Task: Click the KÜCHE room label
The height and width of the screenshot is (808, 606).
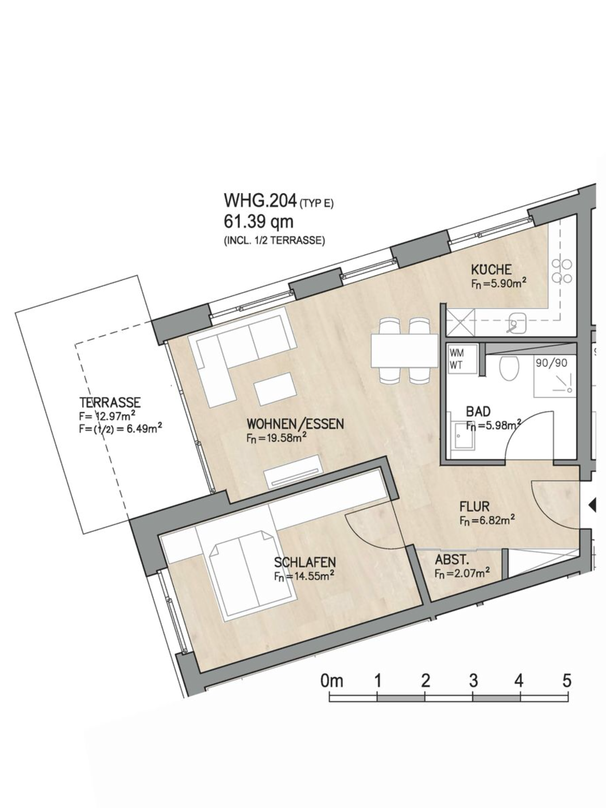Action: (491, 270)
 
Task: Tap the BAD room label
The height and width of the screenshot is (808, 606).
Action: (478, 411)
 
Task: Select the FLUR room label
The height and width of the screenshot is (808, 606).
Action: (474, 507)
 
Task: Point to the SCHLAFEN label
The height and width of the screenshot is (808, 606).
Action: (305, 562)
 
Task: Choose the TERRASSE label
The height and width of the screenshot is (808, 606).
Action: (110, 402)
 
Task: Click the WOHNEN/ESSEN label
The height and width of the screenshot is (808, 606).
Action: (295, 424)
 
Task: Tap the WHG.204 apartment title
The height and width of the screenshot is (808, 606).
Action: (260, 201)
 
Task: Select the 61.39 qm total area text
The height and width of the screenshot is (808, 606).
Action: (258, 222)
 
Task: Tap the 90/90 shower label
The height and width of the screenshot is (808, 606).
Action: (551, 363)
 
